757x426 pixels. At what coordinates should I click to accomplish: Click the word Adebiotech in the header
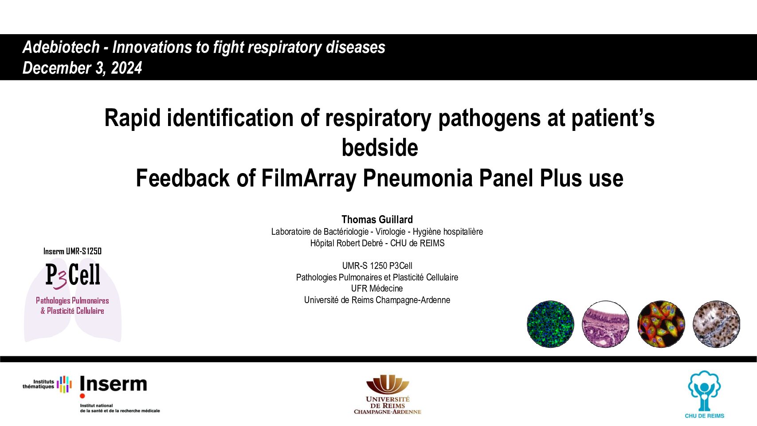pyautogui.click(x=61, y=47)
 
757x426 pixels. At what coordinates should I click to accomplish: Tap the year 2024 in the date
pyautogui.click(x=126, y=68)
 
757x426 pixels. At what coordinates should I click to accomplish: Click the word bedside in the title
pyautogui.click(x=380, y=148)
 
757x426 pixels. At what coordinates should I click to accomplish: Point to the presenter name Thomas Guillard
pyautogui.click(x=377, y=219)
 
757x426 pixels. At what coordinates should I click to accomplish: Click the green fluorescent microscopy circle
pyautogui.click(x=550, y=324)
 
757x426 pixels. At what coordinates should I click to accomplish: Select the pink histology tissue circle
pyautogui.click(x=606, y=324)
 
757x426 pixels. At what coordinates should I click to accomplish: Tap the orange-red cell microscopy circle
pyautogui.click(x=661, y=324)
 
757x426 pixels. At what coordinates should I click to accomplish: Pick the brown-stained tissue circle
pyautogui.click(x=717, y=324)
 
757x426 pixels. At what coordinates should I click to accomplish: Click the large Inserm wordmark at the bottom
pyautogui.click(x=113, y=384)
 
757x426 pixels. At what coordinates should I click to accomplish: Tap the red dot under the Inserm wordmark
pyautogui.click(x=82, y=396)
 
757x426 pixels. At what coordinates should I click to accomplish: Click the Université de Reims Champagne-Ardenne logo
pyautogui.click(x=388, y=394)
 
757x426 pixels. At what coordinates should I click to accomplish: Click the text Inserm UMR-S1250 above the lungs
pyautogui.click(x=72, y=251)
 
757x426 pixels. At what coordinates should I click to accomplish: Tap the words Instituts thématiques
pyautogui.click(x=38, y=384)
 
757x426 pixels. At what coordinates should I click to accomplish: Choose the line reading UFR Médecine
pyautogui.click(x=377, y=288)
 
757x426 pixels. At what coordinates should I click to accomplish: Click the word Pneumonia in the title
pyautogui.click(x=417, y=178)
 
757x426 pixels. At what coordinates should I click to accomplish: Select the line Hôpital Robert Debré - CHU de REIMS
pyautogui.click(x=377, y=243)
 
